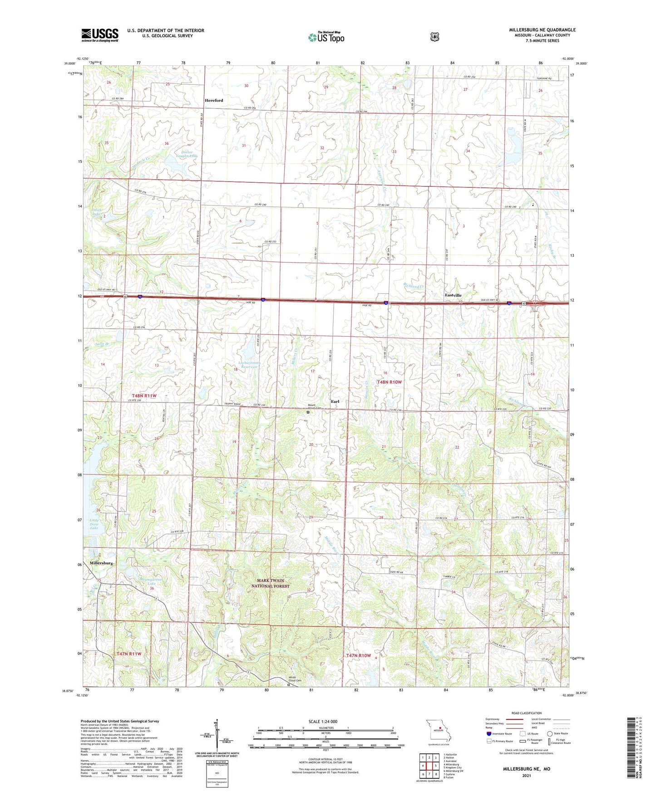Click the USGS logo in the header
pos(100,35)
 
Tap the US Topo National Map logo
pos(326,37)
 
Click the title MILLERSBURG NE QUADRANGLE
pos(542,30)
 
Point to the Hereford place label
pos(213,100)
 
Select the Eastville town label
pos(453,295)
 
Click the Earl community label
pos(335,401)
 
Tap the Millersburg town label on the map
pos(101,563)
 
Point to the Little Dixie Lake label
pos(94,524)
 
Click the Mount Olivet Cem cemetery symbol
pos(308,413)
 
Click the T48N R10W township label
pos(389,382)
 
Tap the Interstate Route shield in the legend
pos(489,733)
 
